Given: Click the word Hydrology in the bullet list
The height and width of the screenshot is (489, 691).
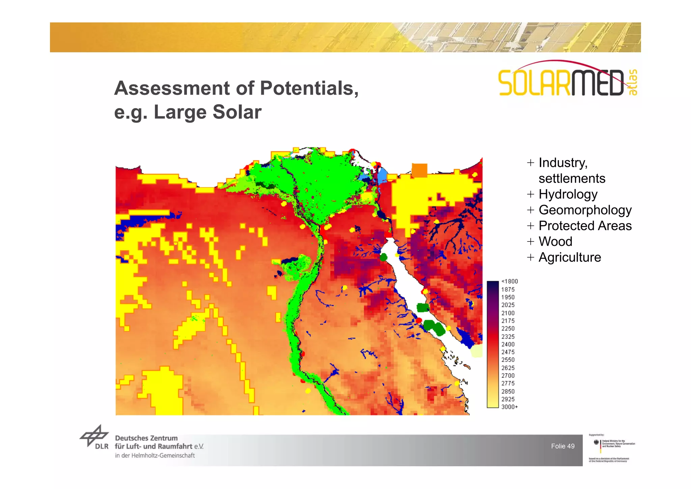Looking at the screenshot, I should [568, 195].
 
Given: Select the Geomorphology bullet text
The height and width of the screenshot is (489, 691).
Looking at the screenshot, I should [585, 210].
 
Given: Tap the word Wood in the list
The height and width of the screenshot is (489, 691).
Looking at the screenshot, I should [555, 241].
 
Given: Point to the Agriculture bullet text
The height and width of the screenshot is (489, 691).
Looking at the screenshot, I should [570, 257].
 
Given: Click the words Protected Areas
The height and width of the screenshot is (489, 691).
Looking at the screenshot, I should [585, 226].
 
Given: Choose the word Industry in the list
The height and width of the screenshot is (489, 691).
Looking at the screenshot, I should [563, 163].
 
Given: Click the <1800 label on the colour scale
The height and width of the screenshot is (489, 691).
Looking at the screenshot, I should [509, 281].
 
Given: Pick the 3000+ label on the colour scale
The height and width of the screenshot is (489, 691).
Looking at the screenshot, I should [509, 407].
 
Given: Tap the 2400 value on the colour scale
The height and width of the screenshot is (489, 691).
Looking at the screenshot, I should [508, 344].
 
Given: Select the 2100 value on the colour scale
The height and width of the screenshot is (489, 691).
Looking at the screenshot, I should [508, 313].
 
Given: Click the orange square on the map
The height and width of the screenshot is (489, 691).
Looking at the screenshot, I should [419, 170].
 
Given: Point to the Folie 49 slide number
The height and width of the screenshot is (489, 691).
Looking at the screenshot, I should [562, 446].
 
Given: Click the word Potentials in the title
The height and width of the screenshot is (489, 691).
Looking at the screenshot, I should [309, 88].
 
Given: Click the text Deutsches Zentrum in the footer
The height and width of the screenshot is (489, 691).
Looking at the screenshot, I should [146, 438].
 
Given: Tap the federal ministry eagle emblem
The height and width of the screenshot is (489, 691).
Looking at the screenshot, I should [596, 442].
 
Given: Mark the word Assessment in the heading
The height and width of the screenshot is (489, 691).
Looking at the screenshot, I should [172, 88].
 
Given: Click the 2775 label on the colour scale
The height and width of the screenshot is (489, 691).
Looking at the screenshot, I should [508, 384].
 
